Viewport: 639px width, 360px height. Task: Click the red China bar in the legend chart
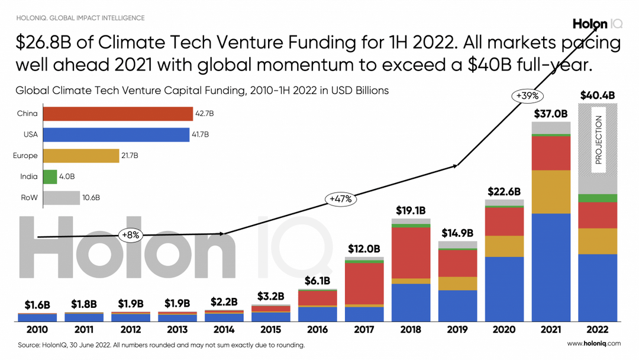[118, 114]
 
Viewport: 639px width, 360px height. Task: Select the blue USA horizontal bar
[116, 134]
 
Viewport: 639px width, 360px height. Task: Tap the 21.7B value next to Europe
[130, 156]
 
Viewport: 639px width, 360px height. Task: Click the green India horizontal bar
[50, 176]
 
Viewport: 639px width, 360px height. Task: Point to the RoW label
[30, 198]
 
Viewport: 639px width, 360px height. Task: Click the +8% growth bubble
[130, 234]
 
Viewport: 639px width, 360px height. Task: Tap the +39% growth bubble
[528, 95]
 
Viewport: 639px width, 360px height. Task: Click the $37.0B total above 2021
[551, 113]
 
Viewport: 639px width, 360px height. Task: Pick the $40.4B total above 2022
[597, 95]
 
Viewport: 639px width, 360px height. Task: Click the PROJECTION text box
[598, 140]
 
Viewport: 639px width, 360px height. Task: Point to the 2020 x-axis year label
[504, 329]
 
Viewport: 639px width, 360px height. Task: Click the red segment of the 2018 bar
[411, 252]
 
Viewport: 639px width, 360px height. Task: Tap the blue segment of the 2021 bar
[551, 267]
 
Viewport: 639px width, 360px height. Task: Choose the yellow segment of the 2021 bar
[551, 192]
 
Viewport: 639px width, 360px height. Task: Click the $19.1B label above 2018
[411, 210]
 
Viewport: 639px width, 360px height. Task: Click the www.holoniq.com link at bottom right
[593, 343]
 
